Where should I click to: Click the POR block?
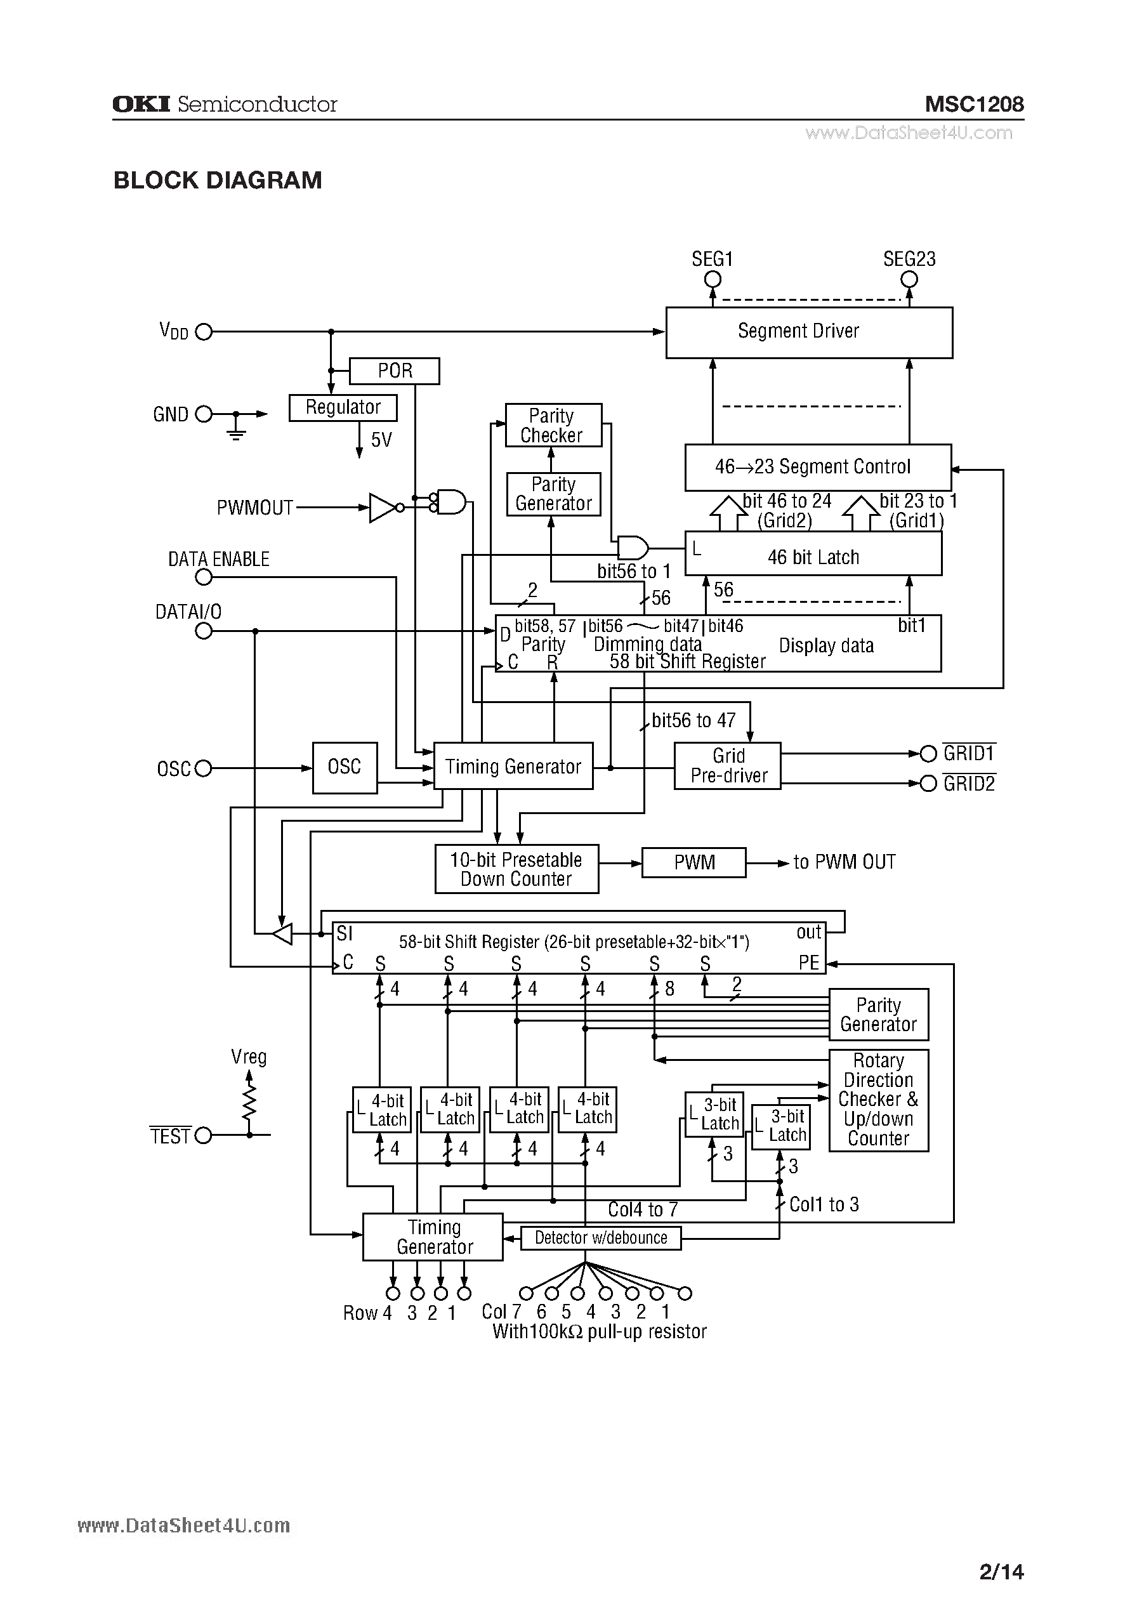[x=394, y=371]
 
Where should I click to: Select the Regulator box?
[x=343, y=407]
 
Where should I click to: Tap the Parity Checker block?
[x=553, y=425]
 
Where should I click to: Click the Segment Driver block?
[x=808, y=332]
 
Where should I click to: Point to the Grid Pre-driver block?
[x=727, y=766]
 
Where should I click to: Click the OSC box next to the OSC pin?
[x=345, y=768]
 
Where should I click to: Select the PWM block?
[x=694, y=862]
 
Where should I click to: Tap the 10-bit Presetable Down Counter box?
[x=516, y=869]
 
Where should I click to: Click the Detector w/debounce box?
[x=601, y=1238]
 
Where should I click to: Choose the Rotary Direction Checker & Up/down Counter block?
[x=879, y=1100]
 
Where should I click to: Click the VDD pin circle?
[x=204, y=332]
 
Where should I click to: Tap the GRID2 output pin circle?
[x=928, y=784]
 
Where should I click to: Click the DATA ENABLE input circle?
[x=204, y=577]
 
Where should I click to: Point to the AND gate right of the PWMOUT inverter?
[x=451, y=501]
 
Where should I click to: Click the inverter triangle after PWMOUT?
[x=381, y=508]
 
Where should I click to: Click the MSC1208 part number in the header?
[x=974, y=105]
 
